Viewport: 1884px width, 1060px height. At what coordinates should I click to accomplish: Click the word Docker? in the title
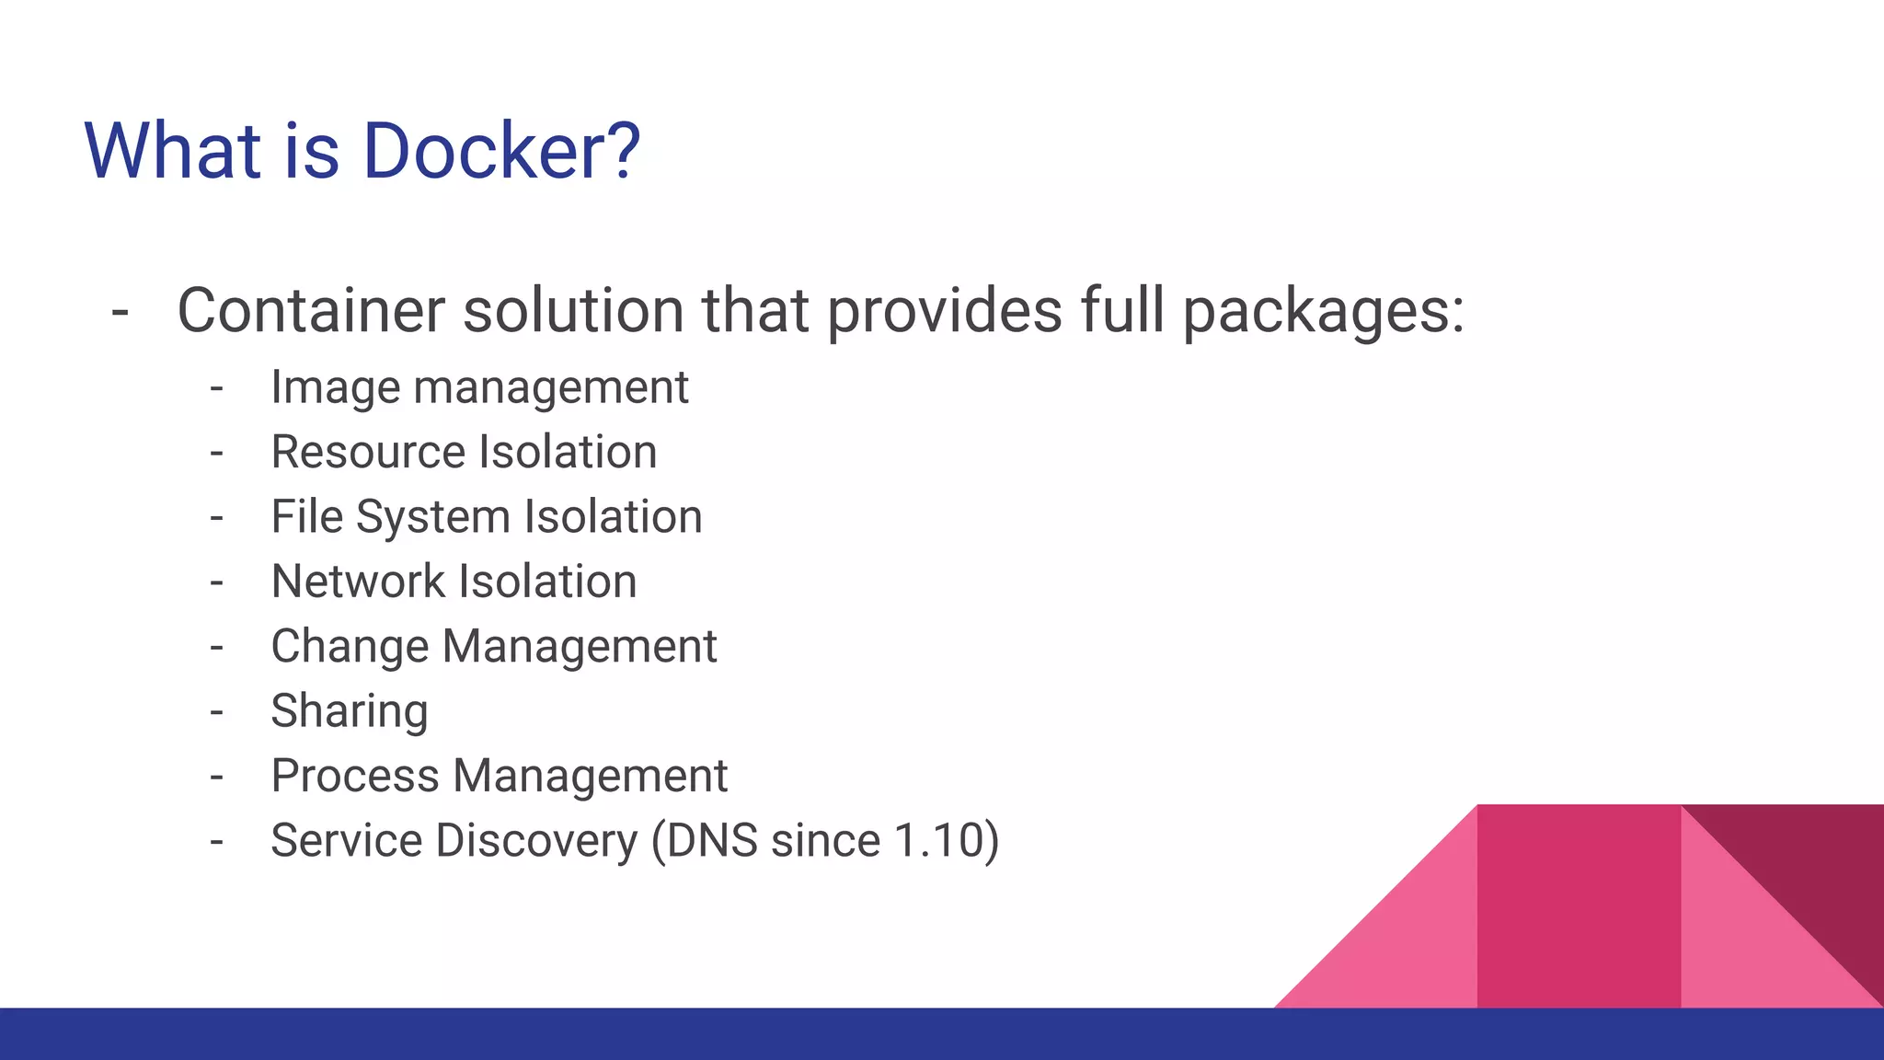click(501, 150)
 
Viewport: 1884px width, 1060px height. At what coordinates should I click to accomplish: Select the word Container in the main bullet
click(311, 310)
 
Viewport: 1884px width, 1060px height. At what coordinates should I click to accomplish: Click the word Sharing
click(350, 711)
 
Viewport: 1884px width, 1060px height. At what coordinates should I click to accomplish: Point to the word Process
click(355, 776)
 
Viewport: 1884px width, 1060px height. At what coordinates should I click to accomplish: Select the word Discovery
click(536, 841)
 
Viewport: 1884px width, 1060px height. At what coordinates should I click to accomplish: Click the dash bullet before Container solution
click(120, 311)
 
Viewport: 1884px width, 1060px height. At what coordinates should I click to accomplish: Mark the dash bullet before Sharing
click(217, 711)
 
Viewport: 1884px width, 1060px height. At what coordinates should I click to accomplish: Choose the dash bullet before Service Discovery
click(217, 841)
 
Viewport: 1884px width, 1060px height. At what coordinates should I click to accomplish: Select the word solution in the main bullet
click(573, 310)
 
